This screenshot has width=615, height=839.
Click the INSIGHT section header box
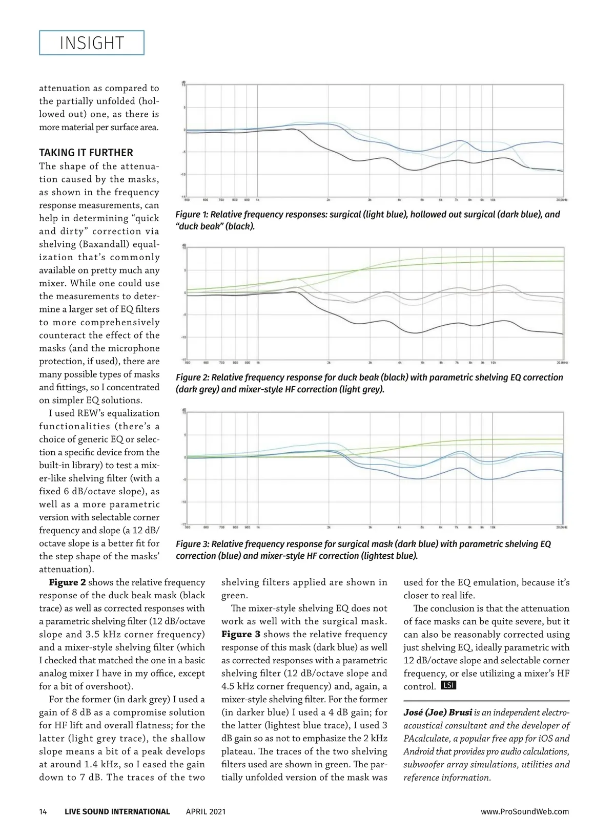click(92, 43)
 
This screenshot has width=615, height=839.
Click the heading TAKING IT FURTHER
click(86, 153)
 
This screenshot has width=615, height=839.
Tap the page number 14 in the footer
click(43, 811)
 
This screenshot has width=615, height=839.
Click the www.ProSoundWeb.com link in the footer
click(525, 811)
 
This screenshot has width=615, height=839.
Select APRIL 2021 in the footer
click(206, 811)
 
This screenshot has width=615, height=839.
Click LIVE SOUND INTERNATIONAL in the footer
click(117, 811)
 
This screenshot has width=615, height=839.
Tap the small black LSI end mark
click(448, 685)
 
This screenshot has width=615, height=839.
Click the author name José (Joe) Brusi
click(438, 712)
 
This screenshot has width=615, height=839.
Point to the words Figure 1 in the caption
click(192, 215)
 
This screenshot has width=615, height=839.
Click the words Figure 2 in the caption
click(192, 377)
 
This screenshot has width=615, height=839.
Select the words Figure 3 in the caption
click(192, 544)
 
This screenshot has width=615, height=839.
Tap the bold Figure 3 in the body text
click(240, 635)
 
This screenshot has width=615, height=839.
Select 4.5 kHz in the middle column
click(239, 686)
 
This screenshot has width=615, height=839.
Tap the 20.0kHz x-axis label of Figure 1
click(562, 200)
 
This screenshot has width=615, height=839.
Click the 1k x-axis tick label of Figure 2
click(258, 363)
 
